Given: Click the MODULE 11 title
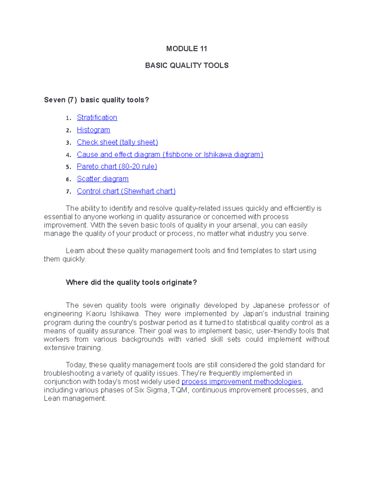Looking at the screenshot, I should [186, 49].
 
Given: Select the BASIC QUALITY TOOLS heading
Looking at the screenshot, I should [187, 65].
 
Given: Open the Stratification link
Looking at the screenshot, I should [97, 118].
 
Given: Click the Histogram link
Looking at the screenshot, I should [93, 130].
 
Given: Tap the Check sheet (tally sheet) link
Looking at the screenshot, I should [117, 142].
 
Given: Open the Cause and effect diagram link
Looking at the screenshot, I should [170, 155].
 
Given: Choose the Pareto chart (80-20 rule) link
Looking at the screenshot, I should [117, 167].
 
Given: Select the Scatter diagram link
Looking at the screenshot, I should [103, 179].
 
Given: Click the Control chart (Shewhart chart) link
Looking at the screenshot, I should [126, 191].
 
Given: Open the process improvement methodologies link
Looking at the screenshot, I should [241, 382].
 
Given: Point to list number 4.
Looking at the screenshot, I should [68, 155].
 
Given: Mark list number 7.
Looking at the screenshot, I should [68, 191].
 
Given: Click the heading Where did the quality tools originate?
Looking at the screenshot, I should [131, 283].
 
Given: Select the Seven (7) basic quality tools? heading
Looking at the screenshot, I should [96, 100].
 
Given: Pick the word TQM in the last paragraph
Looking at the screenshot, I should [180, 390].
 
